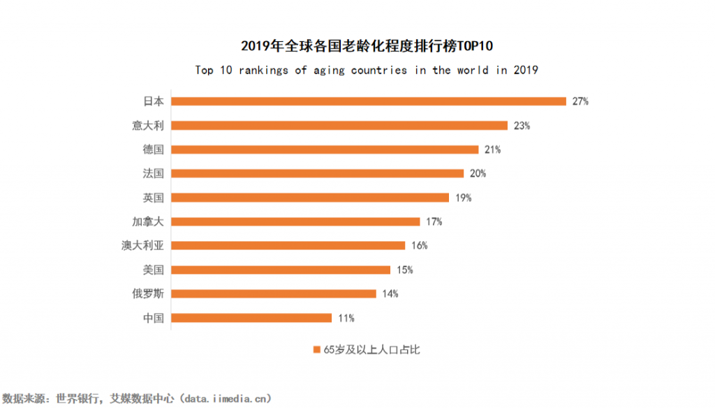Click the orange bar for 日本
(x=369, y=101)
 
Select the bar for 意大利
(x=339, y=126)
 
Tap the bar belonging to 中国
(x=251, y=318)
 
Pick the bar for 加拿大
(x=295, y=221)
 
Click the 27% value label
(x=580, y=101)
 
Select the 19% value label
(x=464, y=198)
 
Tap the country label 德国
(x=153, y=150)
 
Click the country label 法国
(x=153, y=173)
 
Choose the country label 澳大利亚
(x=142, y=246)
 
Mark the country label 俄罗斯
(x=147, y=293)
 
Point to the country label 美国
(x=153, y=270)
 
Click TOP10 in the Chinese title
(x=476, y=46)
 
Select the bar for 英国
(x=310, y=198)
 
